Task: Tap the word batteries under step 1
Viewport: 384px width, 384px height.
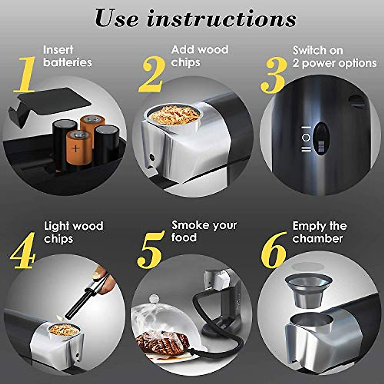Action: [68, 62]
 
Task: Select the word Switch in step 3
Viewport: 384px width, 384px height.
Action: [308, 50]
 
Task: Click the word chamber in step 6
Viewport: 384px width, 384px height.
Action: [317, 239]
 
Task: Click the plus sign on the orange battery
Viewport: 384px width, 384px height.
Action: [76, 148]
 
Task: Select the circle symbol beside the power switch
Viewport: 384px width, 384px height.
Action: [306, 138]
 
